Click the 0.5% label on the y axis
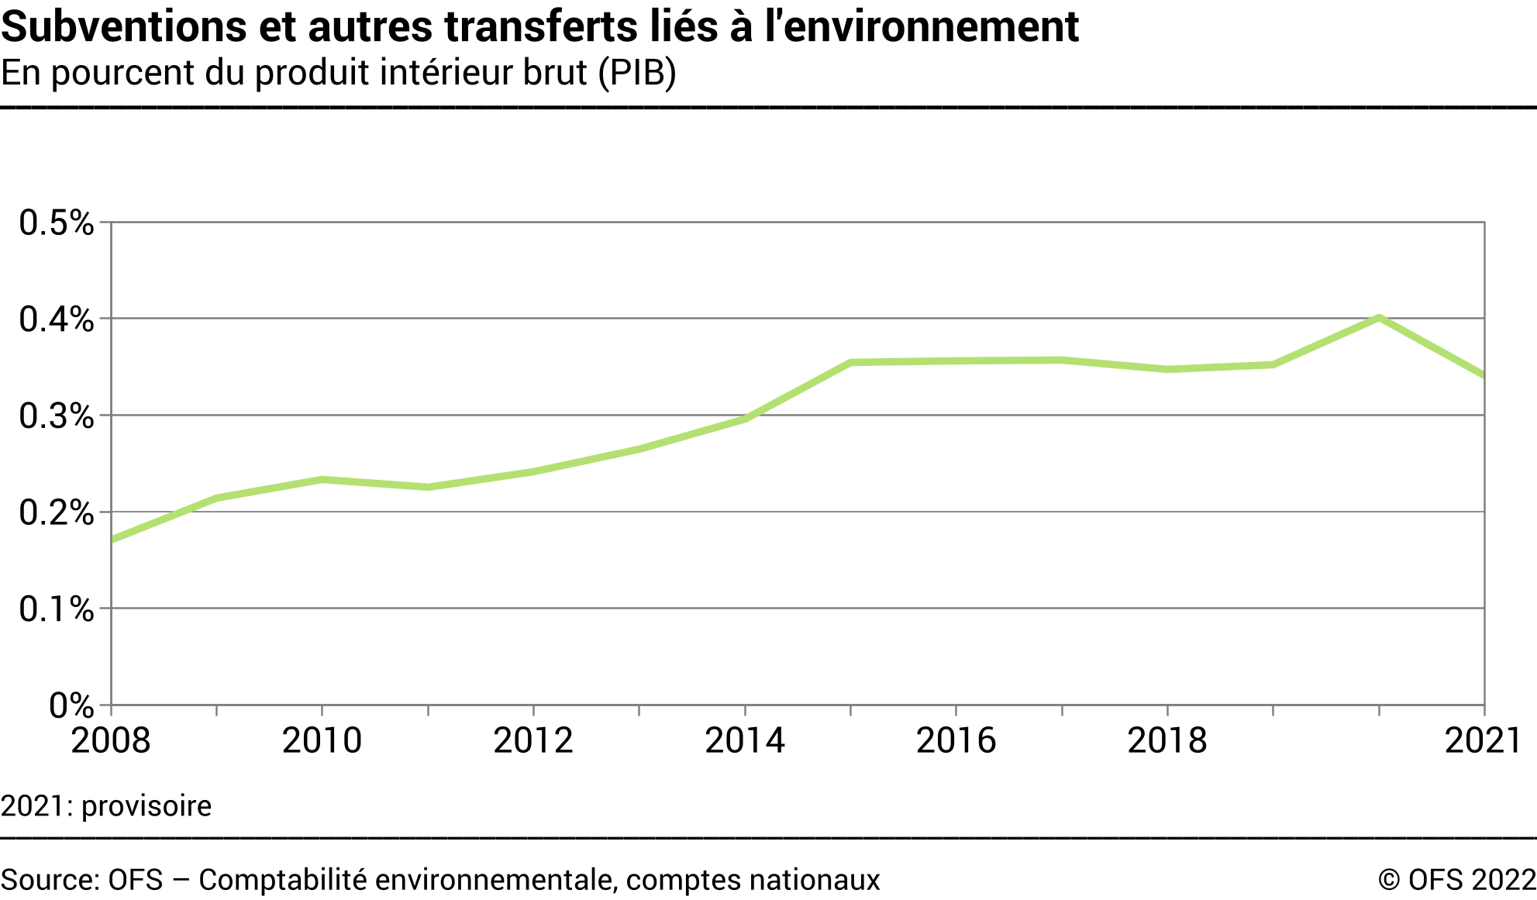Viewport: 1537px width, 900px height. (x=56, y=223)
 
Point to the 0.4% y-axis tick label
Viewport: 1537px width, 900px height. (x=56, y=319)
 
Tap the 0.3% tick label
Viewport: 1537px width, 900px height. (x=56, y=416)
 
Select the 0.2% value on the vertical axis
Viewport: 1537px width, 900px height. (x=56, y=512)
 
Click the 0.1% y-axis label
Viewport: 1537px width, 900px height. (x=56, y=609)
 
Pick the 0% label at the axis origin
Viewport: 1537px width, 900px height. (x=71, y=705)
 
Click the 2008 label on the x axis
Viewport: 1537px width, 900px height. (x=111, y=740)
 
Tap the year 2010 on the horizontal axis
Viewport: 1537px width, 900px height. (x=322, y=740)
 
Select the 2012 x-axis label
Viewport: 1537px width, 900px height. (x=533, y=740)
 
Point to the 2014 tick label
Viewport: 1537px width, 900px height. (x=745, y=740)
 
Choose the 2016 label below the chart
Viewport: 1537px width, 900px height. (x=956, y=740)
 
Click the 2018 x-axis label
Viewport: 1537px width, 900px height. (x=1167, y=740)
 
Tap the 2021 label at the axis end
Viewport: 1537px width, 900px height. (x=1484, y=740)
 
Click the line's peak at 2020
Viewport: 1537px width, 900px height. (x=1379, y=318)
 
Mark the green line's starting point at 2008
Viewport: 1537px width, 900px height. (x=112, y=540)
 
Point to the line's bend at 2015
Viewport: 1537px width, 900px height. (x=851, y=362)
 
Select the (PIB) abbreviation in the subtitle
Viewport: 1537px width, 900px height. (x=636, y=72)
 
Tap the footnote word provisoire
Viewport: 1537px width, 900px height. (x=146, y=806)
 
